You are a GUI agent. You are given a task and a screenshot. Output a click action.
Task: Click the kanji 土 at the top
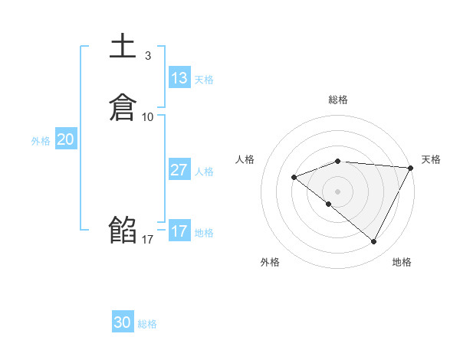click(x=123, y=46)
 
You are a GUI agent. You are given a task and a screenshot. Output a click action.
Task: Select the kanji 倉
click(x=123, y=107)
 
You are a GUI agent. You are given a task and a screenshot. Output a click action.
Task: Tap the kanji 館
click(x=123, y=230)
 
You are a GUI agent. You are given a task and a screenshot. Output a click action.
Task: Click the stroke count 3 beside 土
click(x=147, y=55)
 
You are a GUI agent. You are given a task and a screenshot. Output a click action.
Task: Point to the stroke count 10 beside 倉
click(x=148, y=117)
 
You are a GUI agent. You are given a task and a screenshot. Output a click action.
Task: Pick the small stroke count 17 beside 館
click(x=148, y=240)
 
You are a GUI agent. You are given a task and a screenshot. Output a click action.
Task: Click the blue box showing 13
click(x=179, y=78)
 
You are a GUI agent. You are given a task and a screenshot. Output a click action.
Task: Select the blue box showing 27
click(x=179, y=170)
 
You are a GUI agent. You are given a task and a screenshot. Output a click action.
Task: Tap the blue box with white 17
click(x=179, y=231)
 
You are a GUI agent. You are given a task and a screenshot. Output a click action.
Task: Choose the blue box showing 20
click(x=66, y=139)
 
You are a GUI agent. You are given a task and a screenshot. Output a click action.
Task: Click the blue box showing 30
click(x=123, y=322)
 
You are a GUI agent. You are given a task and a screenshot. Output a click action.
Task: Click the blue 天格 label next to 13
click(x=204, y=80)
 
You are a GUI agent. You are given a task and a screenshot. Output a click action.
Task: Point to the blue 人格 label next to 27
click(x=204, y=172)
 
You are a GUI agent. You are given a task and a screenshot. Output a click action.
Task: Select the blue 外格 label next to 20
click(x=41, y=141)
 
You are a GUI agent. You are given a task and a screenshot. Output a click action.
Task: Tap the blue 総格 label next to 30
click(x=147, y=324)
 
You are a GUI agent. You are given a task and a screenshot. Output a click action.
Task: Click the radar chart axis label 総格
click(x=337, y=100)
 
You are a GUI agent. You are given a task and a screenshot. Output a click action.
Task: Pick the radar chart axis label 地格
click(x=402, y=262)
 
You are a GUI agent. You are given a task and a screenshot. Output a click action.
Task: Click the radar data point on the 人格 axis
click(x=294, y=177)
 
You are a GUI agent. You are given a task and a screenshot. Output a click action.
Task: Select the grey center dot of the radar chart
click(x=337, y=191)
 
